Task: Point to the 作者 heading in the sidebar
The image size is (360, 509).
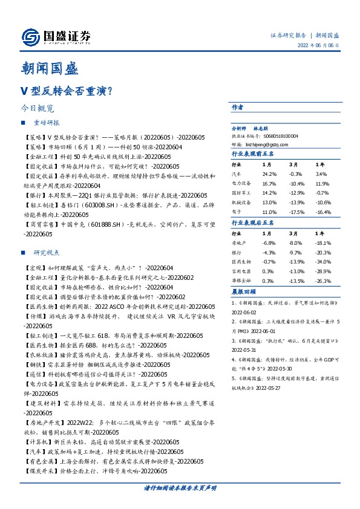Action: pos(238,106)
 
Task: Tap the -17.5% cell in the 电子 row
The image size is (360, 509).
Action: pos(296,213)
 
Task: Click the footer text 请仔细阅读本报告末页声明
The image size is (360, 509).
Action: pos(180,487)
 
